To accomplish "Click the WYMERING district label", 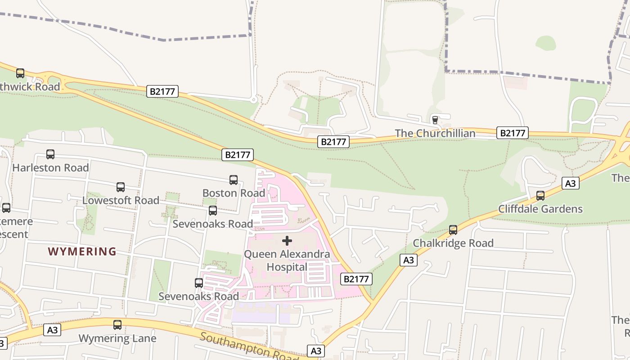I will (82, 252).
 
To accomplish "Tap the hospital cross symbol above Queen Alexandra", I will (287, 241).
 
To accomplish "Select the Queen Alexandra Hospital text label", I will (287, 261).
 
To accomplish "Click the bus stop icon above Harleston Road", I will (50, 154).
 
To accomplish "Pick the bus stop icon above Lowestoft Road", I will (121, 187).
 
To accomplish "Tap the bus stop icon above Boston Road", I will (234, 180).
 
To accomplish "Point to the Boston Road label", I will (234, 193).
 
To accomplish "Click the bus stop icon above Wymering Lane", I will (117, 325).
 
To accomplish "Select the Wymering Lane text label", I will (117, 338).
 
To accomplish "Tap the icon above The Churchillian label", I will (435, 120).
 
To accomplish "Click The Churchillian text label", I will (435, 133).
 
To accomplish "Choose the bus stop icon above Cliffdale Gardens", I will (540, 196).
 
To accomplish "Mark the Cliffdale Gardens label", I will (540, 209).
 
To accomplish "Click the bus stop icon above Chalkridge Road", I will (453, 230).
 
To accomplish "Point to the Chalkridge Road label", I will (453, 243).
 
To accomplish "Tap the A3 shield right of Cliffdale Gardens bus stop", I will (570, 183).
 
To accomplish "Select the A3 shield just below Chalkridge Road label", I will (408, 260).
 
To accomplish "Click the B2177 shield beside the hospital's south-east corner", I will (356, 279).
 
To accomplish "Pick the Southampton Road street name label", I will (249, 347).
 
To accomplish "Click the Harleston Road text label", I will (50, 168).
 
